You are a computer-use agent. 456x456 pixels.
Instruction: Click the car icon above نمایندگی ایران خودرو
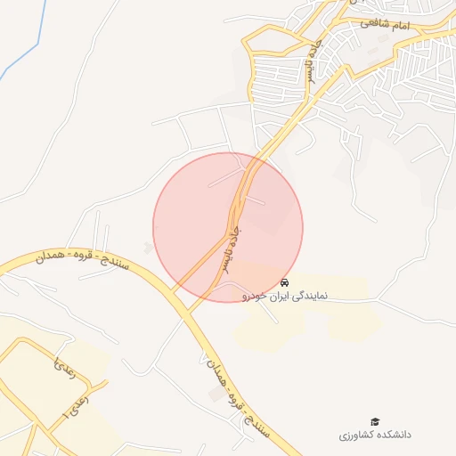click(x=284, y=282)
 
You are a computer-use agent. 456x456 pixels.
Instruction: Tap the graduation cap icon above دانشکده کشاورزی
click(x=375, y=421)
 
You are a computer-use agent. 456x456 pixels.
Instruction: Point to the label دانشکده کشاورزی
click(x=374, y=435)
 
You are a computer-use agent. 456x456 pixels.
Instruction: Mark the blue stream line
click(x=28, y=45)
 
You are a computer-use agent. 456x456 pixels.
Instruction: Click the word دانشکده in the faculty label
click(x=393, y=435)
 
